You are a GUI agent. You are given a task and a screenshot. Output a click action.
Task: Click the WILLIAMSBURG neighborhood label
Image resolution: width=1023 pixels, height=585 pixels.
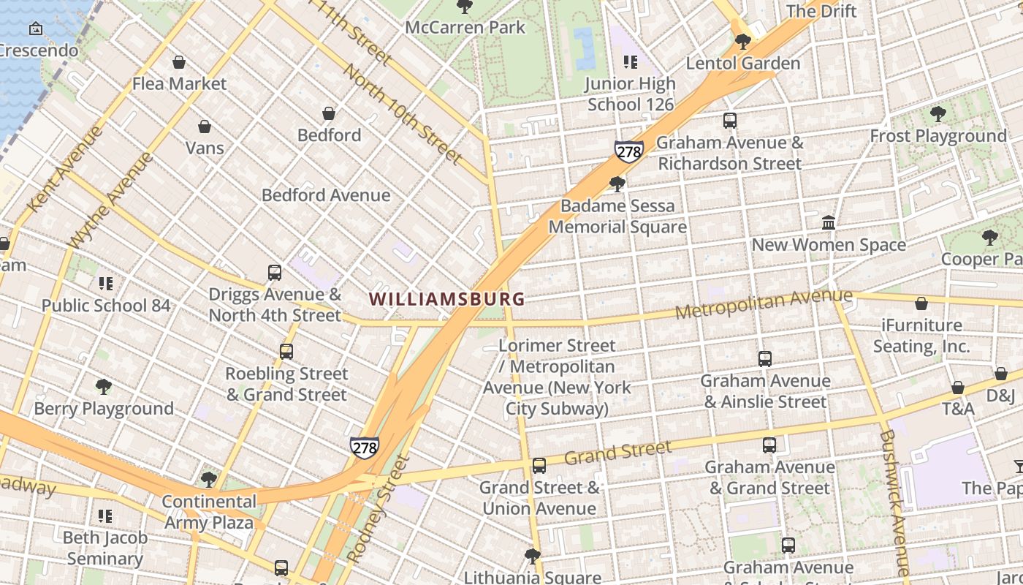pyautogui.click(x=446, y=299)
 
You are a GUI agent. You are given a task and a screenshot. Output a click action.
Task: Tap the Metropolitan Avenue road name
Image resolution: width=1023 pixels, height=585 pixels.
pyautogui.click(x=763, y=303)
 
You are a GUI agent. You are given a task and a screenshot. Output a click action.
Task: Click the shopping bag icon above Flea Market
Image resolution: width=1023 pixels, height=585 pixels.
pyautogui.click(x=179, y=63)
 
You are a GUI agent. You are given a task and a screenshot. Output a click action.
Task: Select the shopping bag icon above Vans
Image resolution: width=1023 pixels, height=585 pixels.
pyautogui.click(x=205, y=127)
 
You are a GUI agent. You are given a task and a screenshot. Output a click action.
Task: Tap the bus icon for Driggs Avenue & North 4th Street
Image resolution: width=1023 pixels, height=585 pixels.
pyautogui.click(x=275, y=273)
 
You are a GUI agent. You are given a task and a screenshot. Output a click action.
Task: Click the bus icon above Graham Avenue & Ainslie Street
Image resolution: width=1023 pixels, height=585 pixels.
pyautogui.click(x=765, y=359)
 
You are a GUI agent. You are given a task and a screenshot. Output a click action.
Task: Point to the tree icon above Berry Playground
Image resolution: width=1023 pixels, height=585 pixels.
pyautogui.click(x=104, y=386)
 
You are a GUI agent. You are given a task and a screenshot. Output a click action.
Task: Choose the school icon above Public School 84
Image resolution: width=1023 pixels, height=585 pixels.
pyautogui.click(x=106, y=283)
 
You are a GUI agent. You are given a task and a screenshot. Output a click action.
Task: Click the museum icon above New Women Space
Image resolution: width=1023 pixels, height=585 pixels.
pyautogui.click(x=829, y=222)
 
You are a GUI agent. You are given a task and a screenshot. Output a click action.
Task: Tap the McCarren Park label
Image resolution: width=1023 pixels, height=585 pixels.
pyautogui.click(x=465, y=28)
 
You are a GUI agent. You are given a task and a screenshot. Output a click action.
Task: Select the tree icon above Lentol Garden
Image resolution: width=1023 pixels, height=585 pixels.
pyautogui.click(x=743, y=42)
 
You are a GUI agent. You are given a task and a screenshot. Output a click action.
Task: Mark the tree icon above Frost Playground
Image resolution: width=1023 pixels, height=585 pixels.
pyautogui.click(x=938, y=114)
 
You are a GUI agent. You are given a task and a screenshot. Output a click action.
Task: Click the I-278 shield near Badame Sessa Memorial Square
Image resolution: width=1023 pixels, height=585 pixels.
pyautogui.click(x=628, y=151)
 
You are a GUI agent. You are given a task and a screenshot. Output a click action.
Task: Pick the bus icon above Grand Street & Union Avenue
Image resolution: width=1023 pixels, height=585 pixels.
pyautogui.click(x=539, y=466)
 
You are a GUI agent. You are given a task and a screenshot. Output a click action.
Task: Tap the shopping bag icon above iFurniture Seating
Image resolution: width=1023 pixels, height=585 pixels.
pyautogui.click(x=921, y=303)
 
